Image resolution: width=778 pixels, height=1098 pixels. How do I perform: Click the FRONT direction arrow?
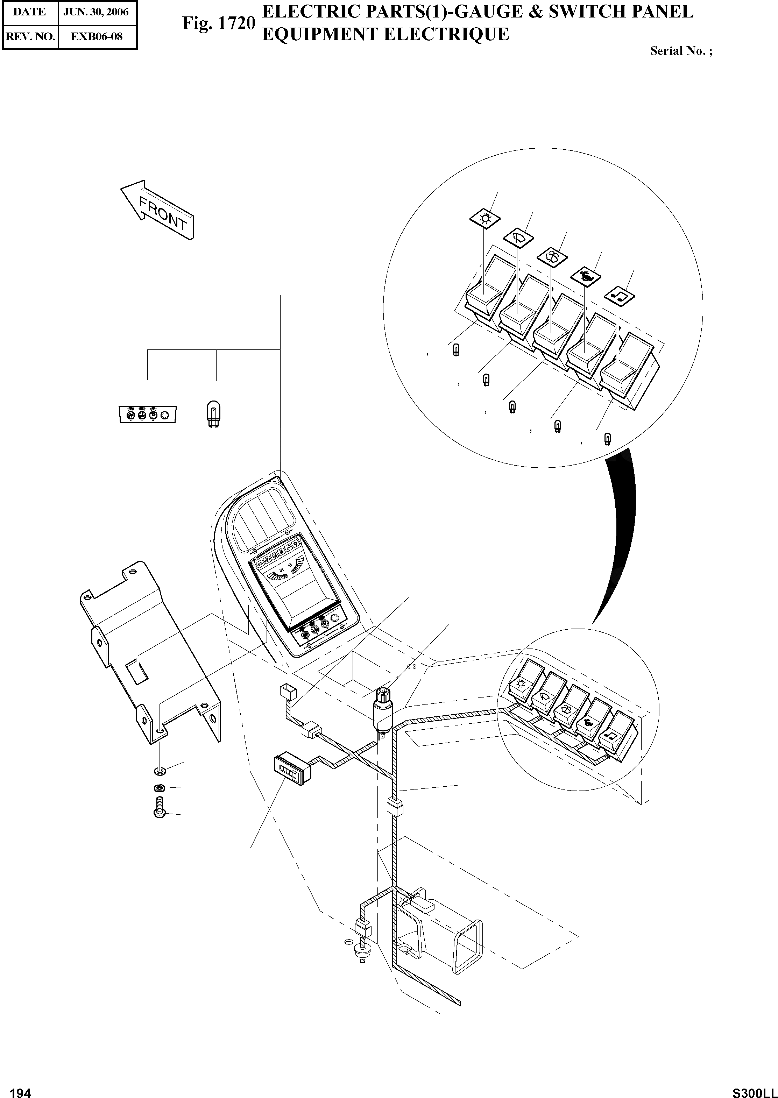pos(157,211)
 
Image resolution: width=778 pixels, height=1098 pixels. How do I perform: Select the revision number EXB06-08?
pos(96,36)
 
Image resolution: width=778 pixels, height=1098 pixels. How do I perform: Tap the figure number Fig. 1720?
pos(218,23)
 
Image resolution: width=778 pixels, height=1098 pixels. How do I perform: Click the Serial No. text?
pos(681,51)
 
